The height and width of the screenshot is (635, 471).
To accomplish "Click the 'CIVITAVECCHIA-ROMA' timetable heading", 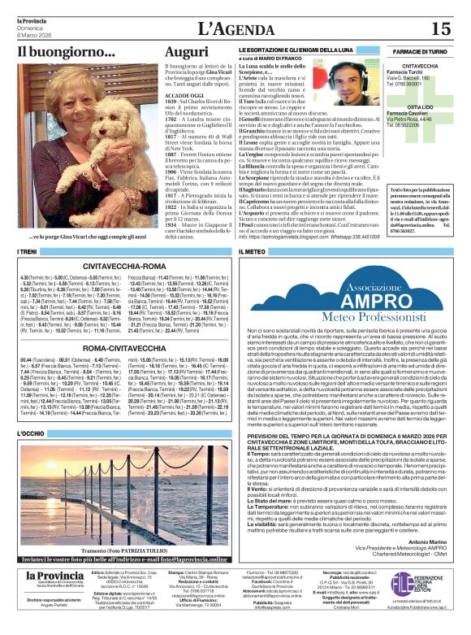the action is coord(130,265).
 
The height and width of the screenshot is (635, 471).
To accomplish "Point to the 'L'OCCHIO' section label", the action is coord(30,435).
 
